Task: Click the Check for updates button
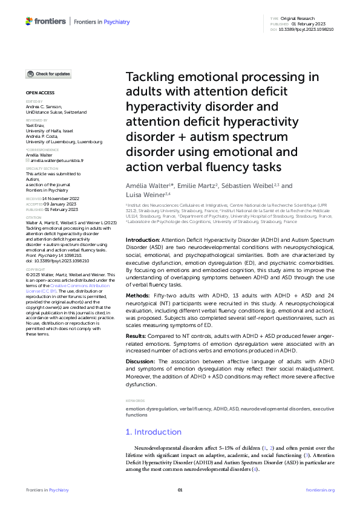[x=48, y=74]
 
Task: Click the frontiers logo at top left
[x=46, y=21]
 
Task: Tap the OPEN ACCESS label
[x=40, y=92]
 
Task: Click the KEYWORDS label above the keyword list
[x=135, y=400]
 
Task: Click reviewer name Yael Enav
[x=36, y=125]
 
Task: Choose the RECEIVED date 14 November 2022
[x=62, y=198]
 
